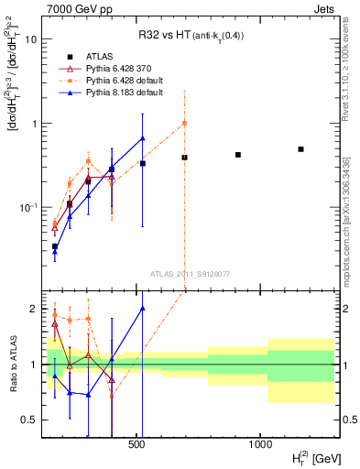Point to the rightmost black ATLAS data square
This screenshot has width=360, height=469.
[x=300, y=148]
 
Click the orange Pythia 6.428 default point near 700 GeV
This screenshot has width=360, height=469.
[x=184, y=123]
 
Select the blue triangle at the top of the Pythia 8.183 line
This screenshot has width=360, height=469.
[x=142, y=138]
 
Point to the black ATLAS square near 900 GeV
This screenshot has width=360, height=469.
[x=238, y=155]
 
